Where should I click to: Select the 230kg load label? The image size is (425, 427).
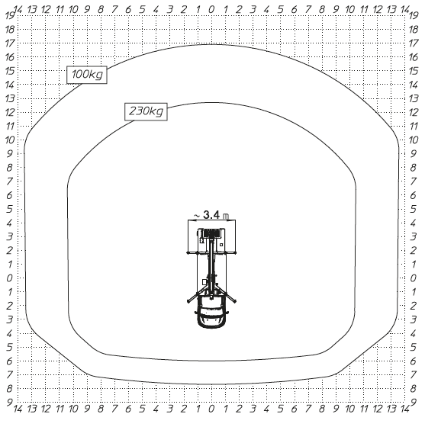point(146,112)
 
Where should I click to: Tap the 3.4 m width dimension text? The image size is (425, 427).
point(215,216)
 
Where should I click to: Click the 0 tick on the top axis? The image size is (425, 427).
point(212,9)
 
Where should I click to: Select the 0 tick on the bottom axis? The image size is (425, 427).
point(212,419)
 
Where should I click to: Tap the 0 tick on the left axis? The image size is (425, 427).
point(10,278)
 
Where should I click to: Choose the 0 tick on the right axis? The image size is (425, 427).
point(414,278)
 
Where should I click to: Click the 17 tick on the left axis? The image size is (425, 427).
point(10,43)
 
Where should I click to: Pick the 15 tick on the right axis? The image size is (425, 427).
point(414,70)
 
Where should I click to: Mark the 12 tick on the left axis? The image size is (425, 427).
point(10,112)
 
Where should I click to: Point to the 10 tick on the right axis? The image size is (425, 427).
point(414,140)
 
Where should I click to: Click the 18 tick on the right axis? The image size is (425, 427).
point(414,29)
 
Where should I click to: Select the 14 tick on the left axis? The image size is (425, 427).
point(10,85)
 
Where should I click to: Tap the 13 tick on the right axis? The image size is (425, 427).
point(414,98)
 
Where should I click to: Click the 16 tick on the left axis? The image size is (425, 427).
point(10,56)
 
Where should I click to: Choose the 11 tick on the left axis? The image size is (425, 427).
point(10,126)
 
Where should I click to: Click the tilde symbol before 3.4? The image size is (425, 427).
point(197,217)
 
